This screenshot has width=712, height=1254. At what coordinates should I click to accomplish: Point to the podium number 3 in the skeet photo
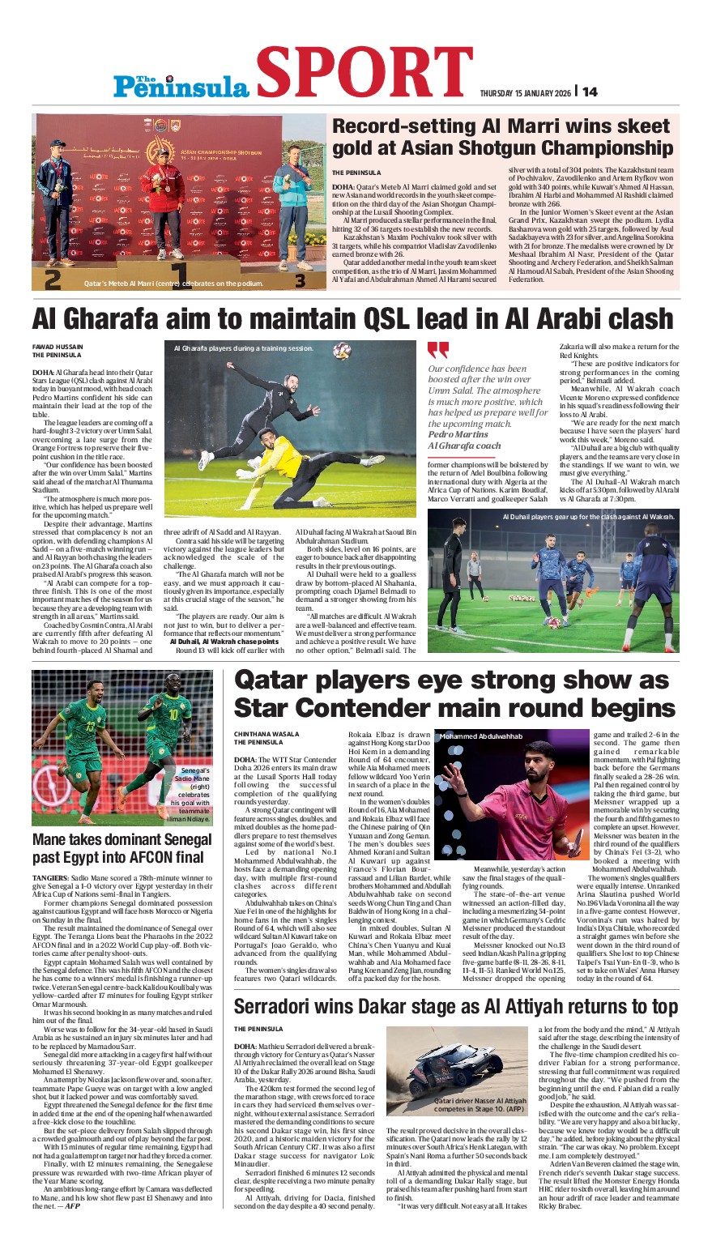(x=300, y=281)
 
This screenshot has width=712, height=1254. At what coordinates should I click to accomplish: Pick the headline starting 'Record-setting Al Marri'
(x=502, y=137)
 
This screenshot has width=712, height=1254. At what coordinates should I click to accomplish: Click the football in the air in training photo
(x=342, y=351)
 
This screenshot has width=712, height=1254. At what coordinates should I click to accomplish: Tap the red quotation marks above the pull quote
(x=437, y=350)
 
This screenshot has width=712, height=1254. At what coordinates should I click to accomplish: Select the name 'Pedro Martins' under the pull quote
(x=458, y=434)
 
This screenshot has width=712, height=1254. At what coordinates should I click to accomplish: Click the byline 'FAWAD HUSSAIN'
(x=59, y=347)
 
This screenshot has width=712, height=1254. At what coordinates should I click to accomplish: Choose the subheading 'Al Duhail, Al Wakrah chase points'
(x=224, y=641)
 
